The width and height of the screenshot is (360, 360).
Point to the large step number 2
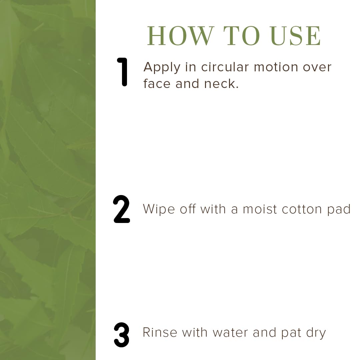(121, 209)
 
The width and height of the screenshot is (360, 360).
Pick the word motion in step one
(276, 67)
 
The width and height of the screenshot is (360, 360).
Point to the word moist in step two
(260, 209)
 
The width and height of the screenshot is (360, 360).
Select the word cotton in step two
(302, 209)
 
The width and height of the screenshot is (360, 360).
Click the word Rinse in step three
(160, 332)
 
